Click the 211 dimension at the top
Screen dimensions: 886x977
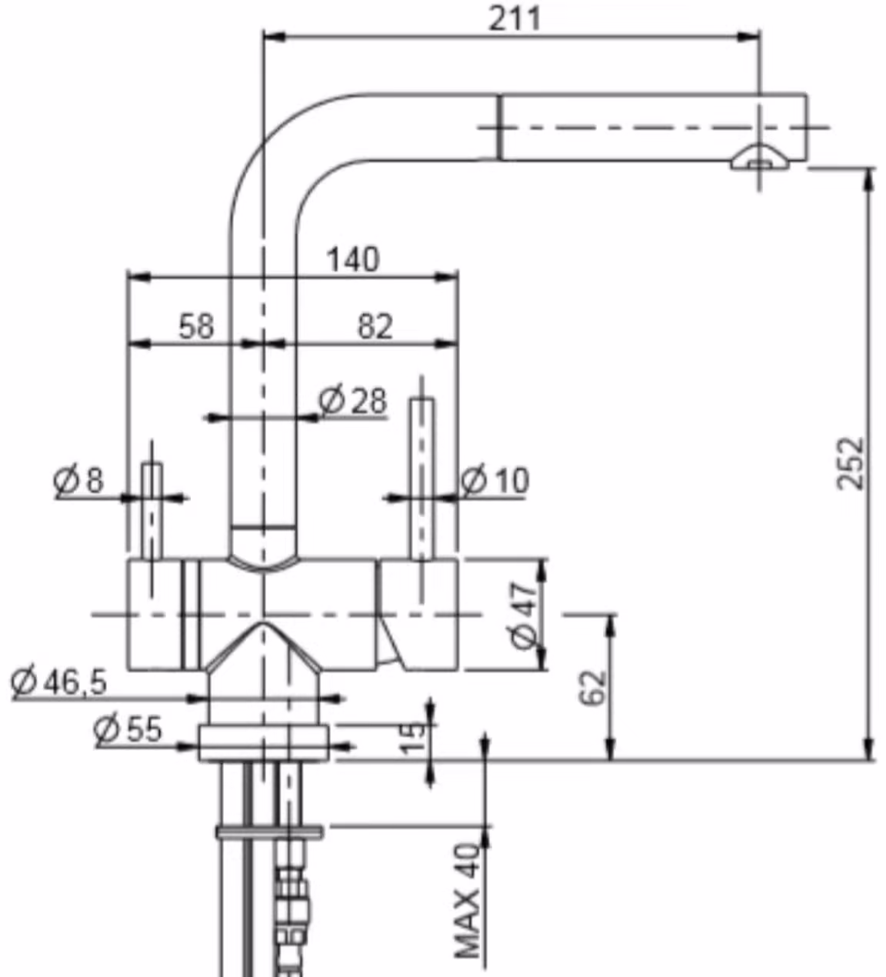point(515,19)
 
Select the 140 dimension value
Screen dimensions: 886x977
point(353,259)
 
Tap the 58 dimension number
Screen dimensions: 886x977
point(196,326)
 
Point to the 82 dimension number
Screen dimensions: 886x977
point(375,326)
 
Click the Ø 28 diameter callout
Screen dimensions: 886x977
point(353,400)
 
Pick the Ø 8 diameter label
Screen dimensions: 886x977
point(78,479)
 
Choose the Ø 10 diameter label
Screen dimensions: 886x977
point(495,480)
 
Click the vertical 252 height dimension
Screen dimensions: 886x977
point(851,464)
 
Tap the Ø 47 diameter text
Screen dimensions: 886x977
point(524,615)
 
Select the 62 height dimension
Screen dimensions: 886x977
point(592,689)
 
